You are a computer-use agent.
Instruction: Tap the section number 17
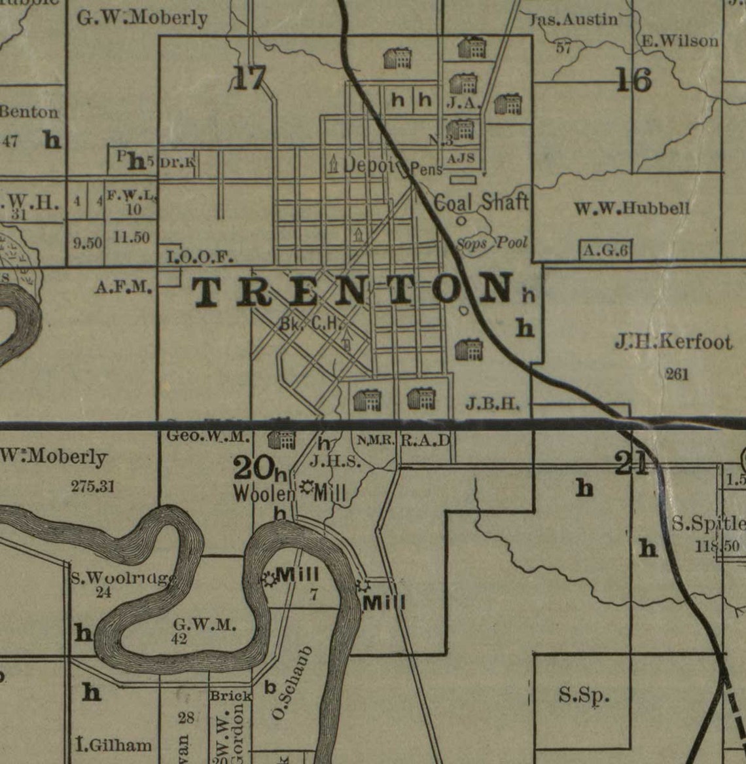click(x=250, y=79)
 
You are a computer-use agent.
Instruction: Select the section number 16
click(x=633, y=80)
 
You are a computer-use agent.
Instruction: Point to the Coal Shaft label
click(x=481, y=202)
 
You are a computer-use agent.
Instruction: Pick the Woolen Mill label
click(x=290, y=492)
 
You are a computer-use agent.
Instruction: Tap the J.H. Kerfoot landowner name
click(x=673, y=342)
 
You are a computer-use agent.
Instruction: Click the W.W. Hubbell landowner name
click(x=631, y=209)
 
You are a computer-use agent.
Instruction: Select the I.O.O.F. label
click(x=200, y=257)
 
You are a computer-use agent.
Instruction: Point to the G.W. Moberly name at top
click(x=142, y=18)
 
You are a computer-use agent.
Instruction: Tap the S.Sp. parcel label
click(x=584, y=695)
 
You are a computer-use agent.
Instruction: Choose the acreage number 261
click(x=677, y=374)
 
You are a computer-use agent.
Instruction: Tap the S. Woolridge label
click(x=123, y=578)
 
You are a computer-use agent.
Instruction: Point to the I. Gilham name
click(x=114, y=745)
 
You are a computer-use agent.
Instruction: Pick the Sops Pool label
click(x=491, y=243)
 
